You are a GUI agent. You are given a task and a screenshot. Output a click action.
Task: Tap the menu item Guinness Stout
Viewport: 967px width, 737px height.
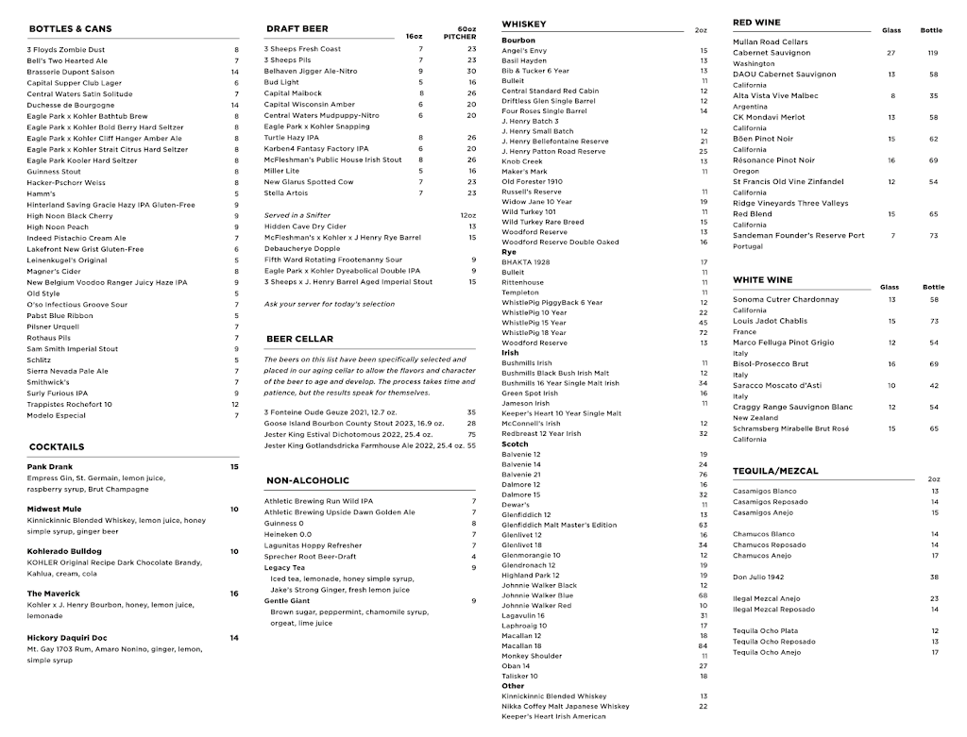pyautogui.click(x=54, y=172)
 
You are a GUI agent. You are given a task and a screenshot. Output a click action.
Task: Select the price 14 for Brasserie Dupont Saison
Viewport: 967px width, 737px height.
pyautogui.click(x=235, y=72)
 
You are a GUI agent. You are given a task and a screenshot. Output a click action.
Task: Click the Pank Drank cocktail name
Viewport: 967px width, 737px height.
pyautogui.click(x=49, y=466)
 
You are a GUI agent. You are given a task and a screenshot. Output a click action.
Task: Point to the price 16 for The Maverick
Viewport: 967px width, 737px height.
pyautogui.click(x=234, y=594)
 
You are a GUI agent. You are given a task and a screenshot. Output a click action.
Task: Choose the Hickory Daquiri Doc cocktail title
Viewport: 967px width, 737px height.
pyautogui.click(x=67, y=638)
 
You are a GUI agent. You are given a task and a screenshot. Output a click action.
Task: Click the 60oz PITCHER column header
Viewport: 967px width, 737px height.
pyautogui.click(x=460, y=33)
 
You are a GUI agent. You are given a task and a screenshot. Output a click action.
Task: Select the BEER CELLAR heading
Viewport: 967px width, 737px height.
pyautogui.click(x=299, y=339)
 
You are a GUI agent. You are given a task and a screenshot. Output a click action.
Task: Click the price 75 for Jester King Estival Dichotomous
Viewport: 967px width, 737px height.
pyautogui.click(x=471, y=434)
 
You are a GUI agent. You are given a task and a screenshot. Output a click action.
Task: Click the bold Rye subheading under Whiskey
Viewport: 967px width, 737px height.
pyautogui.click(x=509, y=252)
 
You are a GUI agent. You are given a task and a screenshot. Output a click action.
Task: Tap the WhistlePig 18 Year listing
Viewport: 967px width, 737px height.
pyautogui.click(x=534, y=332)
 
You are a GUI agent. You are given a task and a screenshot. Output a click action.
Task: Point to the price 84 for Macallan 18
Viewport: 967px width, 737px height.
pyautogui.click(x=703, y=645)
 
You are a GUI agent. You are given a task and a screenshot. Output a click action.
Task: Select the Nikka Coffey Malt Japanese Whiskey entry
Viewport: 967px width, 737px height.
pyautogui.click(x=565, y=706)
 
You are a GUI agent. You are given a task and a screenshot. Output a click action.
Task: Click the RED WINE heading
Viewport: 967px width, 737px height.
pyautogui.click(x=756, y=22)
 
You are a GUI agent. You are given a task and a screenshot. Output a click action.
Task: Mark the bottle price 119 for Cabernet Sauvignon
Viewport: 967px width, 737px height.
pyautogui.click(x=933, y=53)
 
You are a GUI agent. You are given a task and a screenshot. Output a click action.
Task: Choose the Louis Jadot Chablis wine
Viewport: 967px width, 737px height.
pyautogui.click(x=771, y=321)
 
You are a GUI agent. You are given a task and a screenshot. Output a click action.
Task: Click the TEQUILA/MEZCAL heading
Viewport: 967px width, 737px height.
pyautogui.click(x=775, y=471)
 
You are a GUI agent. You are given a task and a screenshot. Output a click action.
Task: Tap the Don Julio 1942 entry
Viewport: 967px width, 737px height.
pyautogui.click(x=758, y=577)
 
